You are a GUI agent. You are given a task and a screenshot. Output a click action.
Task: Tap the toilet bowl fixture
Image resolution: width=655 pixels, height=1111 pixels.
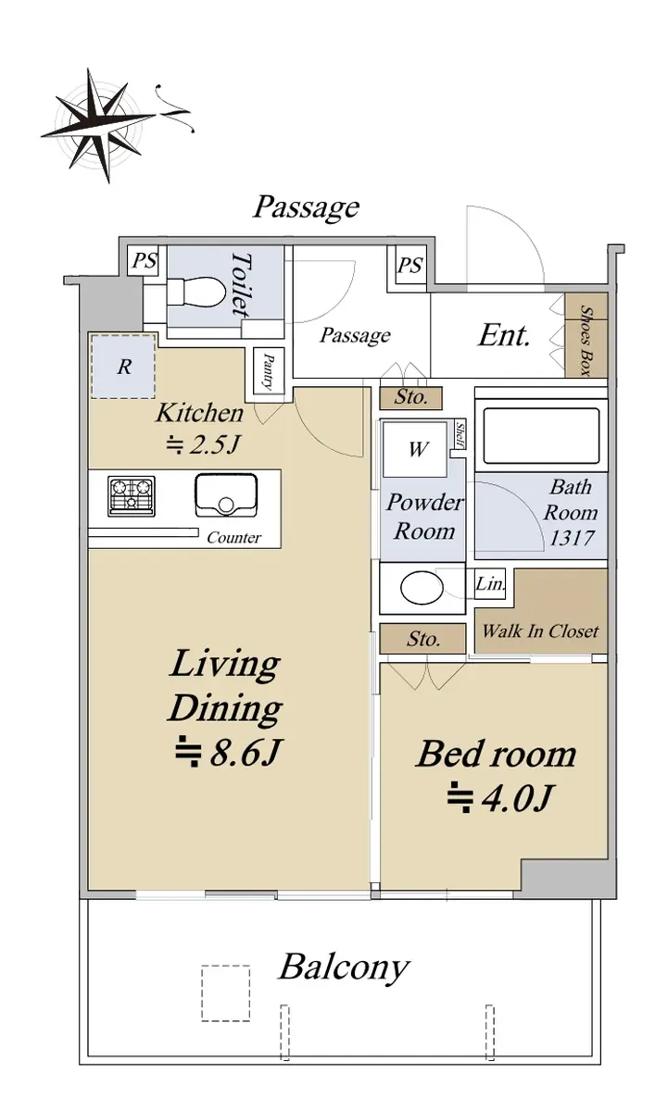194,293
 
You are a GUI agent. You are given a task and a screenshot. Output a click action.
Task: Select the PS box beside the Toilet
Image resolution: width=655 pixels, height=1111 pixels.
145,260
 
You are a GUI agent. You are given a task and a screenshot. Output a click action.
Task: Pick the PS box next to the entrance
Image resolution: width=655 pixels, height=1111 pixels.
409,266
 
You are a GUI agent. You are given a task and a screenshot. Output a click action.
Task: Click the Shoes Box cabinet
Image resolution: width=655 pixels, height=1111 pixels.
586,335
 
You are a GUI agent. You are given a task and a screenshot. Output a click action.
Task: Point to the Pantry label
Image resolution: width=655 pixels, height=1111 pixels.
269,371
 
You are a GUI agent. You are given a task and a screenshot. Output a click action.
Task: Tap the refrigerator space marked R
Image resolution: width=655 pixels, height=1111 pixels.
123,367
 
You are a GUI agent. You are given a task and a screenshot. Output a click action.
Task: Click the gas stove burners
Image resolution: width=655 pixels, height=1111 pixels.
132,496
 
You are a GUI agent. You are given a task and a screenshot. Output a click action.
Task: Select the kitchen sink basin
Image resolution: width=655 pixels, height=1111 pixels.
226,495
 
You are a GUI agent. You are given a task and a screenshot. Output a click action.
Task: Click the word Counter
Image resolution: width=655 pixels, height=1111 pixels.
233,538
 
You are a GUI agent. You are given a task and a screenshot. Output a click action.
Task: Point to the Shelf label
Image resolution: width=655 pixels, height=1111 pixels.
460,435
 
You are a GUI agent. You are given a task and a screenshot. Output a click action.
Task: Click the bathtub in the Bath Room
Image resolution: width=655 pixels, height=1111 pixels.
541,436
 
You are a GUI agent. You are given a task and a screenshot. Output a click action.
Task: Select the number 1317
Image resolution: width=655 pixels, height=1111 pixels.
572,539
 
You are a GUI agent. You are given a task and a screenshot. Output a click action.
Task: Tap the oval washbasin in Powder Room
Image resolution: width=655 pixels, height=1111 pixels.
422,587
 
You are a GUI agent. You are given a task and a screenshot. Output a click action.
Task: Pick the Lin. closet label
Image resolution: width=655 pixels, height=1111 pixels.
490,583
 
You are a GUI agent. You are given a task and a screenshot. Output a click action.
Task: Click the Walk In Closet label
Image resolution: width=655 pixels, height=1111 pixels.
541,630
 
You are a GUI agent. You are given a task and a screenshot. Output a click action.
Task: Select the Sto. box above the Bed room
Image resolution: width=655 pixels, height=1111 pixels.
422,639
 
